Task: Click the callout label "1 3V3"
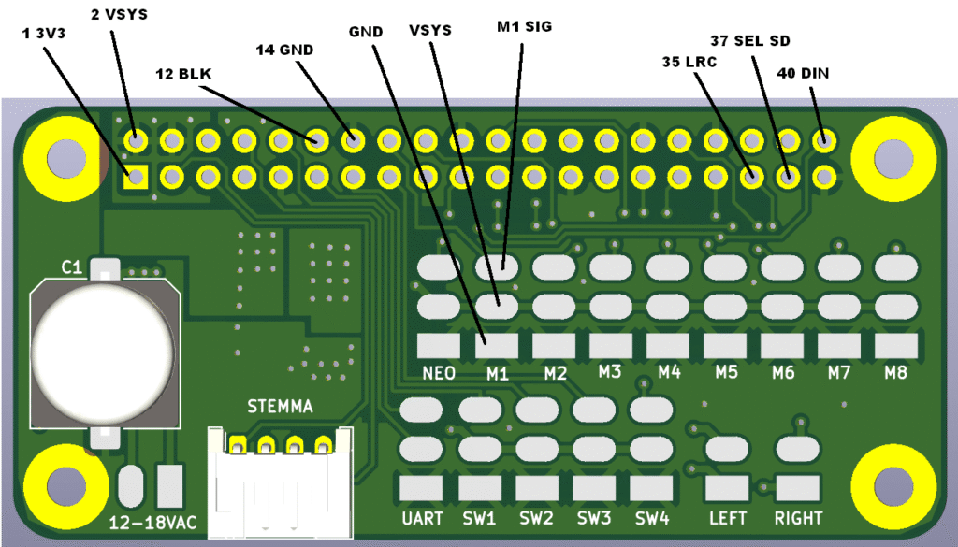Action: (x=43, y=34)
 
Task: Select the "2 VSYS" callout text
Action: (x=119, y=14)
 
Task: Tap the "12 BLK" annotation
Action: (x=183, y=74)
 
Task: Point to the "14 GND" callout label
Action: (x=284, y=50)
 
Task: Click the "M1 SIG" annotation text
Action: (x=524, y=26)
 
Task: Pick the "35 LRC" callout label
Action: (x=689, y=62)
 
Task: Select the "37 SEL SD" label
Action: (x=749, y=41)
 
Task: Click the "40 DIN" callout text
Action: (x=802, y=73)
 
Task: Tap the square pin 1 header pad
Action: (x=136, y=178)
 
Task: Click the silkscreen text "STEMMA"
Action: (x=280, y=406)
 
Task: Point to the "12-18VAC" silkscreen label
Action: (x=152, y=523)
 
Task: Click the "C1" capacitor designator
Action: (x=71, y=266)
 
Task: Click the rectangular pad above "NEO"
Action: (x=439, y=346)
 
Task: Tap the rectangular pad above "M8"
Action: (x=895, y=346)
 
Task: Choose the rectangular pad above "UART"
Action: (x=421, y=488)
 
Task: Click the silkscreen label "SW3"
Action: (x=594, y=518)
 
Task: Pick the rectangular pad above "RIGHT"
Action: (x=797, y=488)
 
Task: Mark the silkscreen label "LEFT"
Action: (x=728, y=518)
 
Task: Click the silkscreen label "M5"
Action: (x=726, y=372)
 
